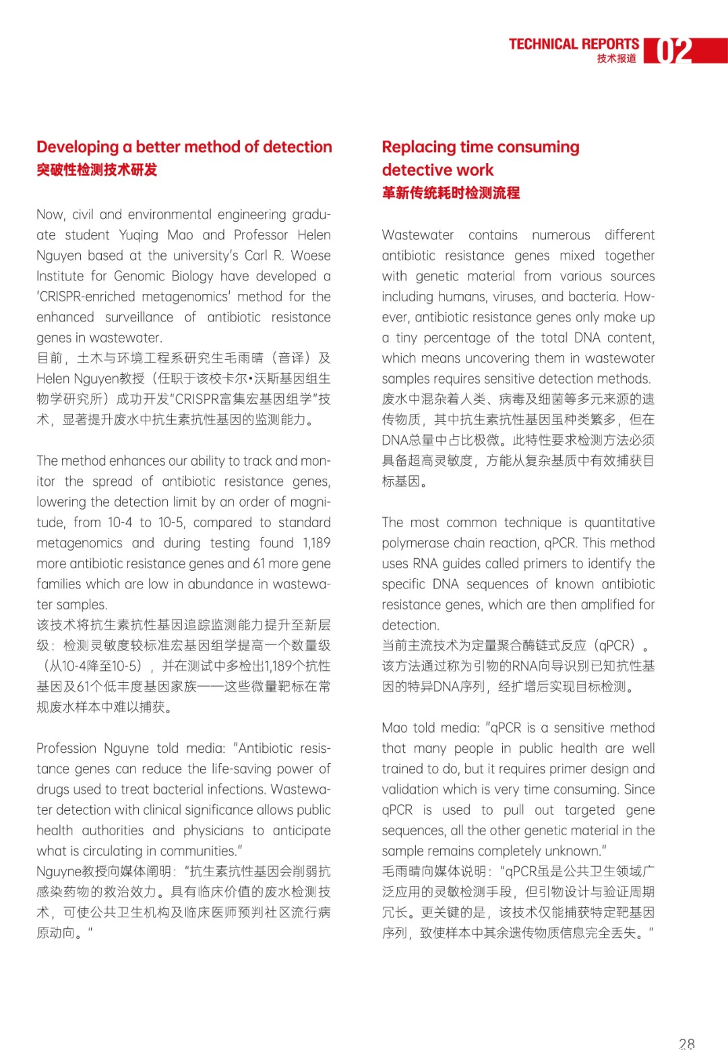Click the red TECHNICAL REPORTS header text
click(574, 44)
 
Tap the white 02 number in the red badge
click(674, 51)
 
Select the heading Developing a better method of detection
click(184, 147)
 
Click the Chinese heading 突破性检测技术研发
click(96, 170)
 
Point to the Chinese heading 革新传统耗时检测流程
click(450, 193)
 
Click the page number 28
click(686, 1044)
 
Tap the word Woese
click(311, 255)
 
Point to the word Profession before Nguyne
click(66, 748)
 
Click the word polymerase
click(415, 543)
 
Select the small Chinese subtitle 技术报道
click(616, 59)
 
